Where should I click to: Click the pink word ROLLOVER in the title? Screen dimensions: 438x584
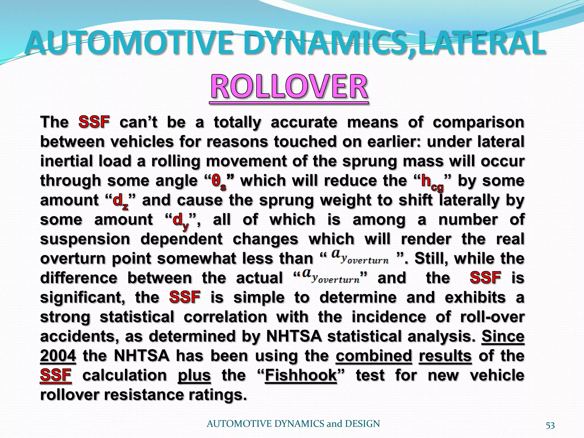coord(289,87)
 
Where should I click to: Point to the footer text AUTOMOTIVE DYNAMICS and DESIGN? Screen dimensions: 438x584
coord(293,424)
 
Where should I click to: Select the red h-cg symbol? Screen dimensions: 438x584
coord(432,182)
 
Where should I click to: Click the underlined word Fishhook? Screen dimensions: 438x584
coord(301,375)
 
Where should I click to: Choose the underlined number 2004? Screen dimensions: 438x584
coord(58,356)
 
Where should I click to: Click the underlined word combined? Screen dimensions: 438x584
coord(374,356)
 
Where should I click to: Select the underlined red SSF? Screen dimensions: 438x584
coord(56,375)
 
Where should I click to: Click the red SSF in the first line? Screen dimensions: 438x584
coord(94,122)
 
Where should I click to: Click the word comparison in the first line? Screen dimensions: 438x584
coord(478,123)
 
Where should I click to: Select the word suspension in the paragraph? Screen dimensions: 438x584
coord(85,240)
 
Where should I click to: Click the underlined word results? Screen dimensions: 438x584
coord(445,356)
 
